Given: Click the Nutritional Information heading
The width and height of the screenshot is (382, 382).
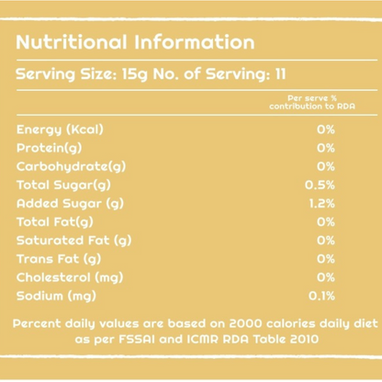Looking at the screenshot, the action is coord(135,42).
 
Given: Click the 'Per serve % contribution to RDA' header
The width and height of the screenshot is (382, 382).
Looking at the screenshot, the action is coord(312,102).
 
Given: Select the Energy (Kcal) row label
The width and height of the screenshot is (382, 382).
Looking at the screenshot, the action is coord(60,129).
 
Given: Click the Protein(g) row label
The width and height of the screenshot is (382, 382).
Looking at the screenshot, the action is coord(50,148).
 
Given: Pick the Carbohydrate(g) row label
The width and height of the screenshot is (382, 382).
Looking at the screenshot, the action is coord(71,167).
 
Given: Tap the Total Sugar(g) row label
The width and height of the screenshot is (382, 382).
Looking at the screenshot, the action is coord(63,185).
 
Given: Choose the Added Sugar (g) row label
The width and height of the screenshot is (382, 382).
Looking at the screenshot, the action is coord(70,204).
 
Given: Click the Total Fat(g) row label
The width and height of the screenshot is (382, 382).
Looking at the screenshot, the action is coord(55,222).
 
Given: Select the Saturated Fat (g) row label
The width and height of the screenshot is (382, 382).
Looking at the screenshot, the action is coord(74,241).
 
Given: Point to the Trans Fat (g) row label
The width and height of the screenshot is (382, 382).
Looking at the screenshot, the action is coord(59,259).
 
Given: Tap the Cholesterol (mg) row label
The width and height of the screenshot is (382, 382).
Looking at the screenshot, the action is coord(70,277).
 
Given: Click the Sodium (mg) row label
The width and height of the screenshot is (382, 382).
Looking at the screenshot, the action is coord(56,297).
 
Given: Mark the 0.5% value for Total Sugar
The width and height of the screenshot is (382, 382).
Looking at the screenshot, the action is coord(320,185).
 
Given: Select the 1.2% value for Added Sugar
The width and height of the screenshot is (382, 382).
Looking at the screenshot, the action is coord(322,204).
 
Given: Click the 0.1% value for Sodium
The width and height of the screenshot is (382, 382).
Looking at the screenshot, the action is coord(321,296).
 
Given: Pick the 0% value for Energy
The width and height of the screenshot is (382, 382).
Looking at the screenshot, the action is coord(326,129).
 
